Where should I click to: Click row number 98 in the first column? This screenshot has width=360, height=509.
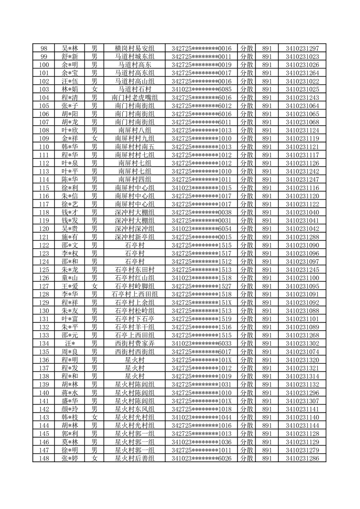(44, 49)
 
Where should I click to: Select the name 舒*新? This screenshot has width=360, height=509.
(70, 57)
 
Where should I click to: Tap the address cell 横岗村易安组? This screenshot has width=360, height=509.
(134, 49)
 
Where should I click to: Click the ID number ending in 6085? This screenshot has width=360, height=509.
(202, 89)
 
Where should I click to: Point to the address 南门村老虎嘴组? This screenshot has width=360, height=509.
(134, 98)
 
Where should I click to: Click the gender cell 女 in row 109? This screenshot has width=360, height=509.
(94, 138)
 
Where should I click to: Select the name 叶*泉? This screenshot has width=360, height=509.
(70, 163)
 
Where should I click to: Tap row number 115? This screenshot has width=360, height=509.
(44, 188)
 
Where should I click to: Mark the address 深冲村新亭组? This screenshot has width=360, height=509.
(134, 237)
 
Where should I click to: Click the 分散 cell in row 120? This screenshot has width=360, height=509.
(247, 229)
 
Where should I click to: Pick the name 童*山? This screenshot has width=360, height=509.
(70, 278)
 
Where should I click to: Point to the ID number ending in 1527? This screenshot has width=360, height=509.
(202, 286)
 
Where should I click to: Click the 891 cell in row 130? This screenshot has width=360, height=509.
(267, 310)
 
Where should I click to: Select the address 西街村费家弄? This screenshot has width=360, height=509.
(134, 343)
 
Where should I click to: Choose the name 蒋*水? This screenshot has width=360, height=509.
(70, 392)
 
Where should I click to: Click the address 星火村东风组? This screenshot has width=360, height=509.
(134, 409)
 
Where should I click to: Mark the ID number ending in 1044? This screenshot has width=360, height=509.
(202, 417)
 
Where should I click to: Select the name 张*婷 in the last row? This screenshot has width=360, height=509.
(70, 458)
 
